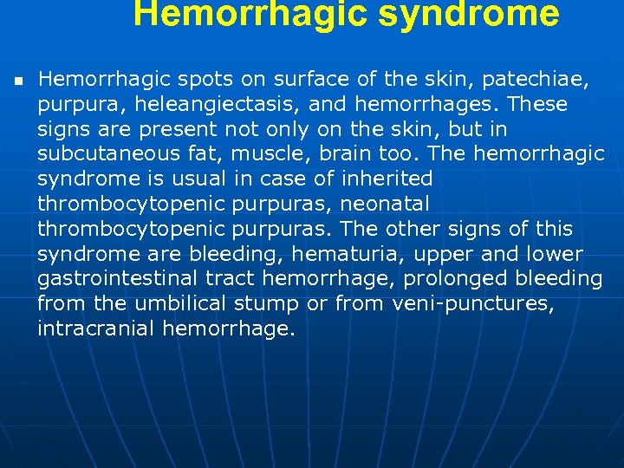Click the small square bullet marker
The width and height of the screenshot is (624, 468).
17,81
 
